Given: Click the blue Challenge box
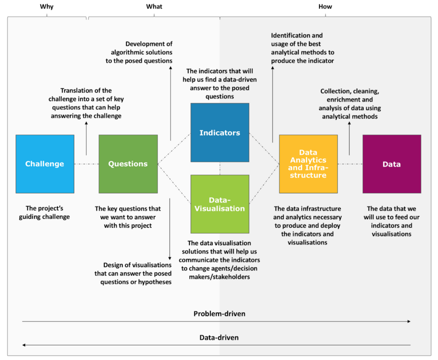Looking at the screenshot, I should tap(45, 164).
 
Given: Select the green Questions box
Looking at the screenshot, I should tap(128, 164).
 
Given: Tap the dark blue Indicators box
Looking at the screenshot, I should tap(220, 132).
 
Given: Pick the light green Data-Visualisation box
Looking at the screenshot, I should tap(220, 204).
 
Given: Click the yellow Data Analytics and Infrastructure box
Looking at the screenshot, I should tap(308, 164).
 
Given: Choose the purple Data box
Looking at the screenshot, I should tap(392, 164).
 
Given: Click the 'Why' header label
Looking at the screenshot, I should tap(47, 7).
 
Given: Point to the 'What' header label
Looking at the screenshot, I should tap(154, 7).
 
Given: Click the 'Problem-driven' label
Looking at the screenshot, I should tap(219, 314).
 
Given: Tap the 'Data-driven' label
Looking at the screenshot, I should tap(219, 338).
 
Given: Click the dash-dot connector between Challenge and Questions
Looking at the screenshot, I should tap(86, 164).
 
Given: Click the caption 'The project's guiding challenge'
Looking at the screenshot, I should tap(44, 213).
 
